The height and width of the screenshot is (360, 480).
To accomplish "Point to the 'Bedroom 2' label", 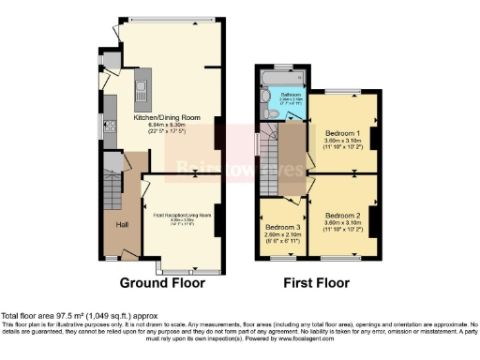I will tap(342, 215).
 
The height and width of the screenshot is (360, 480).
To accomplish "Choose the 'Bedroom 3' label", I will tap(282, 228).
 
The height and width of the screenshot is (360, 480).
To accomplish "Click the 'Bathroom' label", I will tap(286, 94).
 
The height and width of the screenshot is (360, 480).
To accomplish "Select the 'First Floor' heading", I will tap(318, 281).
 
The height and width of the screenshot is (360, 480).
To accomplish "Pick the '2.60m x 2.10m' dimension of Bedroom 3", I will tap(282, 235).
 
